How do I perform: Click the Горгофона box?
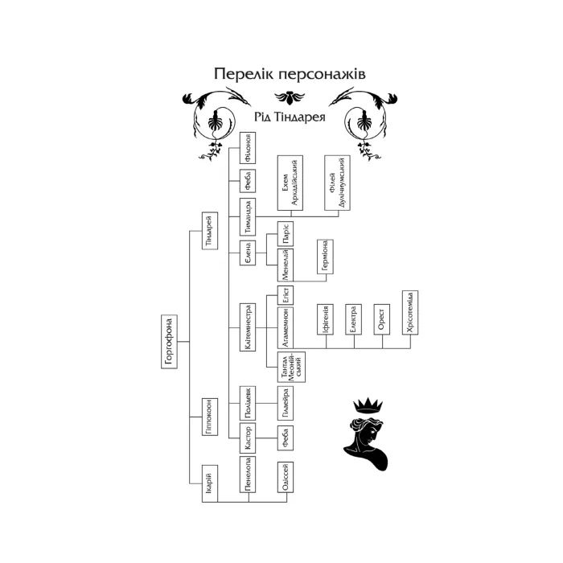coord(169,342)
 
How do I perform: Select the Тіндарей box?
coord(208,231)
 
